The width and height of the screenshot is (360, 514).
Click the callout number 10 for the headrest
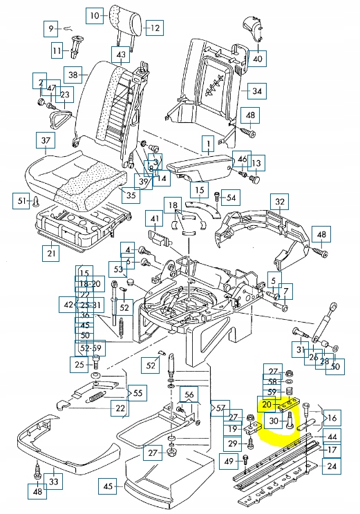95,13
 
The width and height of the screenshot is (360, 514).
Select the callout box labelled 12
153,28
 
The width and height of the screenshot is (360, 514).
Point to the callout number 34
256,91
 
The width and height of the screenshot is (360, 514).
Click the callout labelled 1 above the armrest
206,144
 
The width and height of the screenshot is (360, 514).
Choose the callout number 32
280,202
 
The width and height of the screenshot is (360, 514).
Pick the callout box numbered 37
46,142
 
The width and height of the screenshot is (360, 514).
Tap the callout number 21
50,254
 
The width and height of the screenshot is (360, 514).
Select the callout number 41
155,221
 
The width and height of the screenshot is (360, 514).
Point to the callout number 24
333,466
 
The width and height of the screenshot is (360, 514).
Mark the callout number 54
231,198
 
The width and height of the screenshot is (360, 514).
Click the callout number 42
67,305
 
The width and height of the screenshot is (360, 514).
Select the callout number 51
21,201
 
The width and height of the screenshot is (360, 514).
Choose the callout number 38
73,74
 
